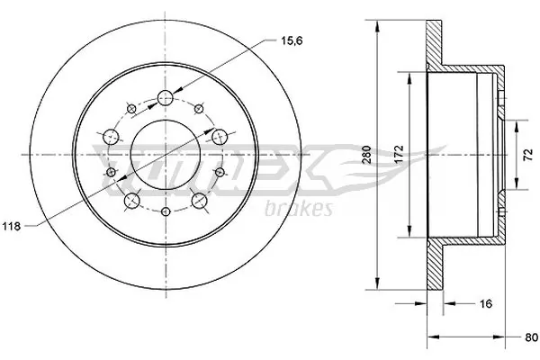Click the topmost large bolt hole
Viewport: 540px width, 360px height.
166,98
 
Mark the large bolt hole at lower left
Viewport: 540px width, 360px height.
133,200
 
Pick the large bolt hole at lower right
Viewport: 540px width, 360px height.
199,200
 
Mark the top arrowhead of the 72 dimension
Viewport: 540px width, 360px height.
517,119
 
